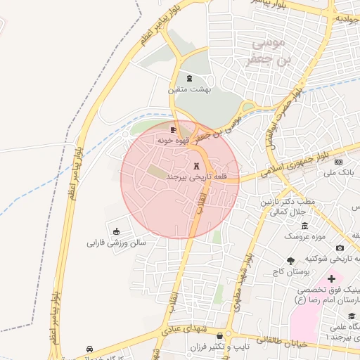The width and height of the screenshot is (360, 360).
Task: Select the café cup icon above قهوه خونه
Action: point(174,130)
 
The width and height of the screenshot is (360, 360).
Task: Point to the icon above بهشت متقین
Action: point(188,78)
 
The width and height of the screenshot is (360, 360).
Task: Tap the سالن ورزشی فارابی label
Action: point(116,243)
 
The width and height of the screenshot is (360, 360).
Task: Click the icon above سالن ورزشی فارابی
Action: point(116,232)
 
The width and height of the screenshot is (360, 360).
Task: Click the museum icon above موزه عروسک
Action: point(304,226)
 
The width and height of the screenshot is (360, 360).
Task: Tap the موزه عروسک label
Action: point(304,237)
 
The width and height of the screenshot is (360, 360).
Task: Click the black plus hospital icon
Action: point(331,279)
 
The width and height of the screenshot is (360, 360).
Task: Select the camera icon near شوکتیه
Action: point(340,247)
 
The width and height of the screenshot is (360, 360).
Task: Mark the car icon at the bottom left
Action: point(89,349)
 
